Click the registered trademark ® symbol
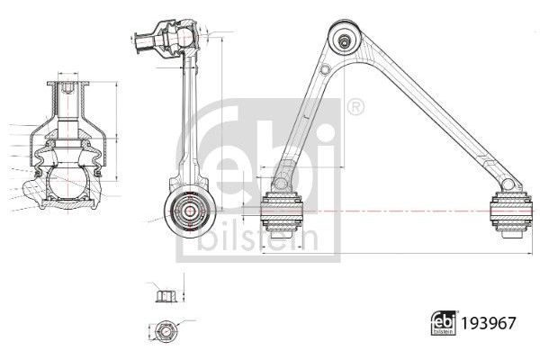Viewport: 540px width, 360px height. (356, 108)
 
